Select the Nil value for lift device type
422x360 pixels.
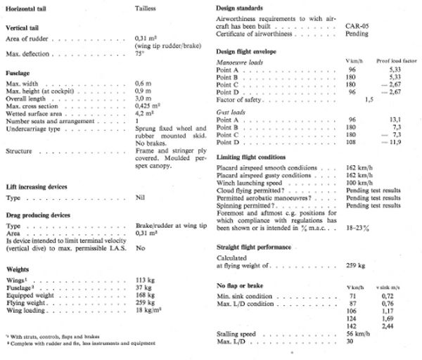tap(139, 179)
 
